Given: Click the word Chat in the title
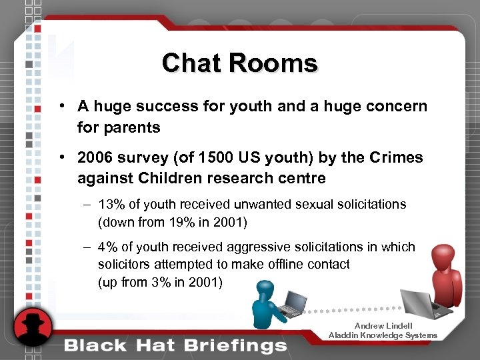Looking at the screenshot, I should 191,63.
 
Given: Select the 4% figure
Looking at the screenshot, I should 107,247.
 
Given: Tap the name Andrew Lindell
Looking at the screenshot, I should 383,326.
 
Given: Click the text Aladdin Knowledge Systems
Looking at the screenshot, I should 383,335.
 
